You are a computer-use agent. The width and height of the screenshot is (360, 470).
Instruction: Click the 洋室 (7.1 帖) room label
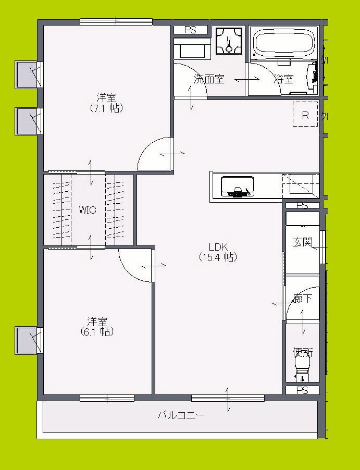pyautogui.click(x=106, y=102)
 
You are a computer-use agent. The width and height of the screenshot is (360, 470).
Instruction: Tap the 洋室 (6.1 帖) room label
pyautogui.click(x=97, y=326)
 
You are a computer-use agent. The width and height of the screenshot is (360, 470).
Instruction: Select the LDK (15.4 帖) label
pyautogui.click(x=217, y=252)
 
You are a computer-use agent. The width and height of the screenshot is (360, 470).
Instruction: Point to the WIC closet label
pyautogui.click(x=87, y=210)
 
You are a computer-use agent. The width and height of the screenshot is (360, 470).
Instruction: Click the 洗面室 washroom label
pyautogui.click(x=209, y=80)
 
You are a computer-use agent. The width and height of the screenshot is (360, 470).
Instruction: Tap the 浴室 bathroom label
pyautogui.click(x=284, y=80)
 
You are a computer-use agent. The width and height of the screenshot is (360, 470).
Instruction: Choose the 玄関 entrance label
pyautogui.click(x=302, y=242)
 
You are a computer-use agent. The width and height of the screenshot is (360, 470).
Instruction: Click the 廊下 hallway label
pyautogui.click(x=302, y=299)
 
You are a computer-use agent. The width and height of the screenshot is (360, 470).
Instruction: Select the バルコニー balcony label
pyautogui.click(x=181, y=415)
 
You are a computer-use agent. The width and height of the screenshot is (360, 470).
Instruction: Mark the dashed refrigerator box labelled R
pyautogui.click(x=305, y=115)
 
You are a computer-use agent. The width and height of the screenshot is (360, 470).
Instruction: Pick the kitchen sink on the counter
pyautogui.click(x=238, y=187)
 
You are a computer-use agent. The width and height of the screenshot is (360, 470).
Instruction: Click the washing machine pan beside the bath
pyautogui.click(x=229, y=40)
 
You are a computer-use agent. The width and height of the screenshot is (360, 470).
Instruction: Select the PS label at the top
pyautogui.click(x=190, y=30)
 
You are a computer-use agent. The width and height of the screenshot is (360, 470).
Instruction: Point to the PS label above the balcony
pyautogui.click(x=302, y=390)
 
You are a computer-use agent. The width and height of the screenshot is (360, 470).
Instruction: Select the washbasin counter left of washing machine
pyautogui.click(x=192, y=50)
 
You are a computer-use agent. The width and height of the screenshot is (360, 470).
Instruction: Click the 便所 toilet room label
pyautogui.click(x=302, y=352)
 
